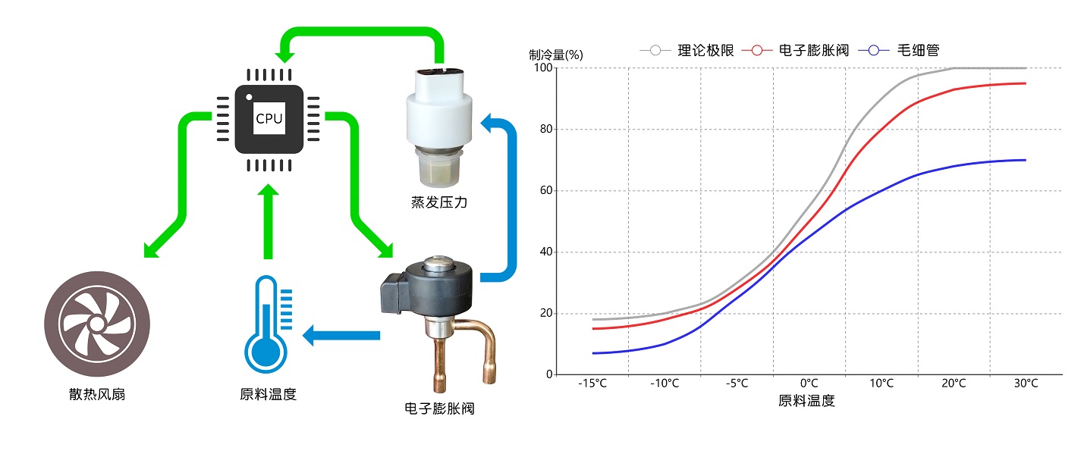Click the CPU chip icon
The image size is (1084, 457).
(269, 118)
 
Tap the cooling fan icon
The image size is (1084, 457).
(97, 324)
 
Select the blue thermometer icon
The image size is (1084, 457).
(265, 322)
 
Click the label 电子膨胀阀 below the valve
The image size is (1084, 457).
(440, 409)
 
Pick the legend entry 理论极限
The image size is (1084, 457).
(705, 50)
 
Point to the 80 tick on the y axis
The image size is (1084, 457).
(545, 130)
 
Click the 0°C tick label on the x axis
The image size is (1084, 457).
(809, 383)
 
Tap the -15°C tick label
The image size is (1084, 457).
(592, 383)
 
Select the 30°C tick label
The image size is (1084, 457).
(1026, 383)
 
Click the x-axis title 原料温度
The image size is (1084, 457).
(806, 401)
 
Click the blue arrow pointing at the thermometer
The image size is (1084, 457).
(341, 335)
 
